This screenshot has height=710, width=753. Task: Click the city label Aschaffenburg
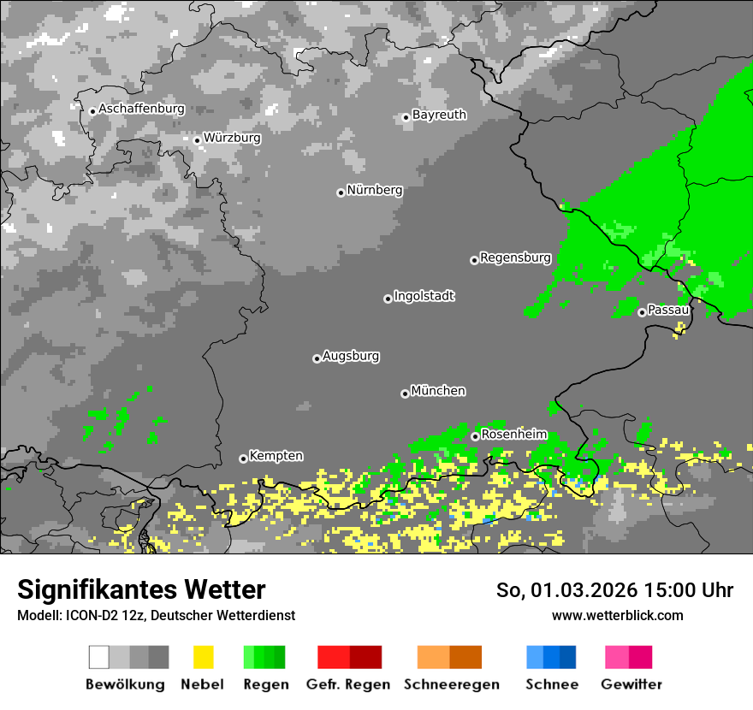(141, 109)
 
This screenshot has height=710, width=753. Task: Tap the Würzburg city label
(232, 138)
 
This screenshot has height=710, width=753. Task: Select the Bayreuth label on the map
(439, 115)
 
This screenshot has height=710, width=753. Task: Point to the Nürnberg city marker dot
(341, 192)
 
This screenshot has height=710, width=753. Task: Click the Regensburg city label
(515, 257)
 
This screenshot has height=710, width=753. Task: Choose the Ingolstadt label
(424, 296)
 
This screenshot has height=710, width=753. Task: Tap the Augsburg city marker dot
(317, 358)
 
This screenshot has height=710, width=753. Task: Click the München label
(438, 391)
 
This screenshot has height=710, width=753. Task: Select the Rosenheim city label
(513, 435)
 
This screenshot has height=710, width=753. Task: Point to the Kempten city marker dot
(243, 459)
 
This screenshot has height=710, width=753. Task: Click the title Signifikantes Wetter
(141, 589)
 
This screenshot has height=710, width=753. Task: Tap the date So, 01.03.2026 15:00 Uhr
(614, 590)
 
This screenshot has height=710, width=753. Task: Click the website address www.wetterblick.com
(617, 615)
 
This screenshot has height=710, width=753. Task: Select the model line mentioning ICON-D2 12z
(156, 615)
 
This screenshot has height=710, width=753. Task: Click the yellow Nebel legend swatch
(203, 657)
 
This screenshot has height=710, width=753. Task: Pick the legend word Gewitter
(631, 684)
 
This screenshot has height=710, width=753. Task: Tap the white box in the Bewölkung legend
(99, 657)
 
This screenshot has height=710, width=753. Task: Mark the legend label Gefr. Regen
(348, 684)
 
